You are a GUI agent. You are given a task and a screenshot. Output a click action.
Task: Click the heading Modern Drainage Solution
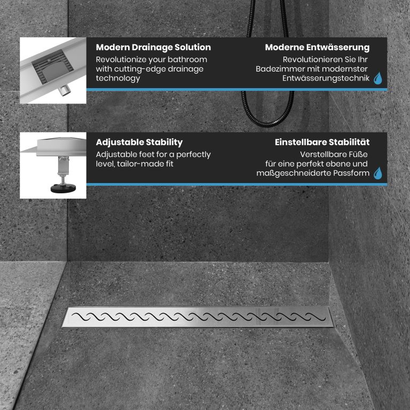point(153,48)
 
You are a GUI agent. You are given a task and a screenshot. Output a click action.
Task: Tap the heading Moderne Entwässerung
point(317,48)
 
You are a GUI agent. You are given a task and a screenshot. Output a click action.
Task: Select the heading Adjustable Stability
point(139,142)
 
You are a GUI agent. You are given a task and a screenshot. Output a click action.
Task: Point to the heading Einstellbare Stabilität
point(322,142)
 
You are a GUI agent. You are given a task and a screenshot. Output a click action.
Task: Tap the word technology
point(117,78)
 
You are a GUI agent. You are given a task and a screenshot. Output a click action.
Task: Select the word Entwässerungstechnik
point(326,78)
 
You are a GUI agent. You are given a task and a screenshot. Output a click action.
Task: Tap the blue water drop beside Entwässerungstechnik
point(378,78)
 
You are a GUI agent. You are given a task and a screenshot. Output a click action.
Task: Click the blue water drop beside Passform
point(378,173)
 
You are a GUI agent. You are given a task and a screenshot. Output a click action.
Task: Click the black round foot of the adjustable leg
point(63,188)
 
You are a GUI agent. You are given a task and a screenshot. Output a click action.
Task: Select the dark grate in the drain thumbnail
point(52,67)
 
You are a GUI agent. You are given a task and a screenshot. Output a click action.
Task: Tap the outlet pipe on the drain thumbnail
point(64,91)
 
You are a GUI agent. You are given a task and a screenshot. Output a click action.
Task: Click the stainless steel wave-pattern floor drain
point(198,317)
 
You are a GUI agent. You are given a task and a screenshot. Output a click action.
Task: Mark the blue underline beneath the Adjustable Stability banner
point(236,184)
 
